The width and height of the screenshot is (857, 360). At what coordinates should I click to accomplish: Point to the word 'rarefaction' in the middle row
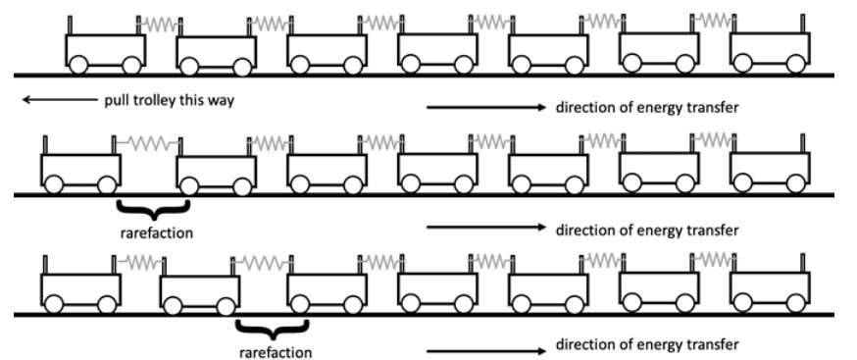point(153,233)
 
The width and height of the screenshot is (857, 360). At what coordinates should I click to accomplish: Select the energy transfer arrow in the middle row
point(484,228)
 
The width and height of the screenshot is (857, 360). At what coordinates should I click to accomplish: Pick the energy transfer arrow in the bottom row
point(484,346)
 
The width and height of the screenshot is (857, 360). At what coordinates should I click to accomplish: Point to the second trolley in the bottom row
point(199,289)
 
